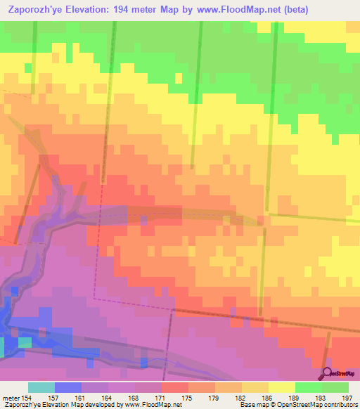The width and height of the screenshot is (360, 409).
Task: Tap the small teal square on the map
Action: (x=25, y=342)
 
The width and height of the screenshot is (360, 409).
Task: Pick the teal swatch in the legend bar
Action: (x=41, y=387)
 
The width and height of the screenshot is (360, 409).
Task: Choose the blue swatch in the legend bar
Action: (x=67, y=387)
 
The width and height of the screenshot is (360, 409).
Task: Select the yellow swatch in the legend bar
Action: (x=281, y=387)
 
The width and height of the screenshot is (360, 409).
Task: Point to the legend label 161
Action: (x=81, y=398)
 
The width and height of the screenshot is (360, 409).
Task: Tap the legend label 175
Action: (x=187, y=398)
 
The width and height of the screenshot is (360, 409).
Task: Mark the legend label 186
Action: (x=267, y=398)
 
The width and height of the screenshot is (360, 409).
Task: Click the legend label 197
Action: (x=347, y=398)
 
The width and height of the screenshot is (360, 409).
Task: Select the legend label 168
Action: (x=134, y=398)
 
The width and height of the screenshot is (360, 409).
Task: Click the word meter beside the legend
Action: (x=10, y=398)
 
